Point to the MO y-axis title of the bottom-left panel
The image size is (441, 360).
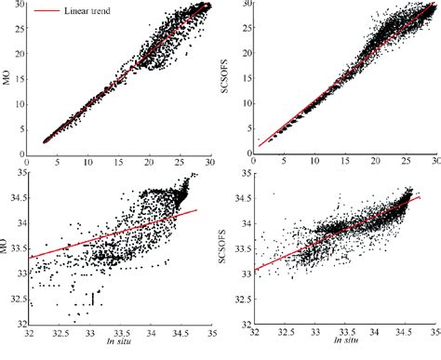8,249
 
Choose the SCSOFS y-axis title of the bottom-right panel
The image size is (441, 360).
229,249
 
